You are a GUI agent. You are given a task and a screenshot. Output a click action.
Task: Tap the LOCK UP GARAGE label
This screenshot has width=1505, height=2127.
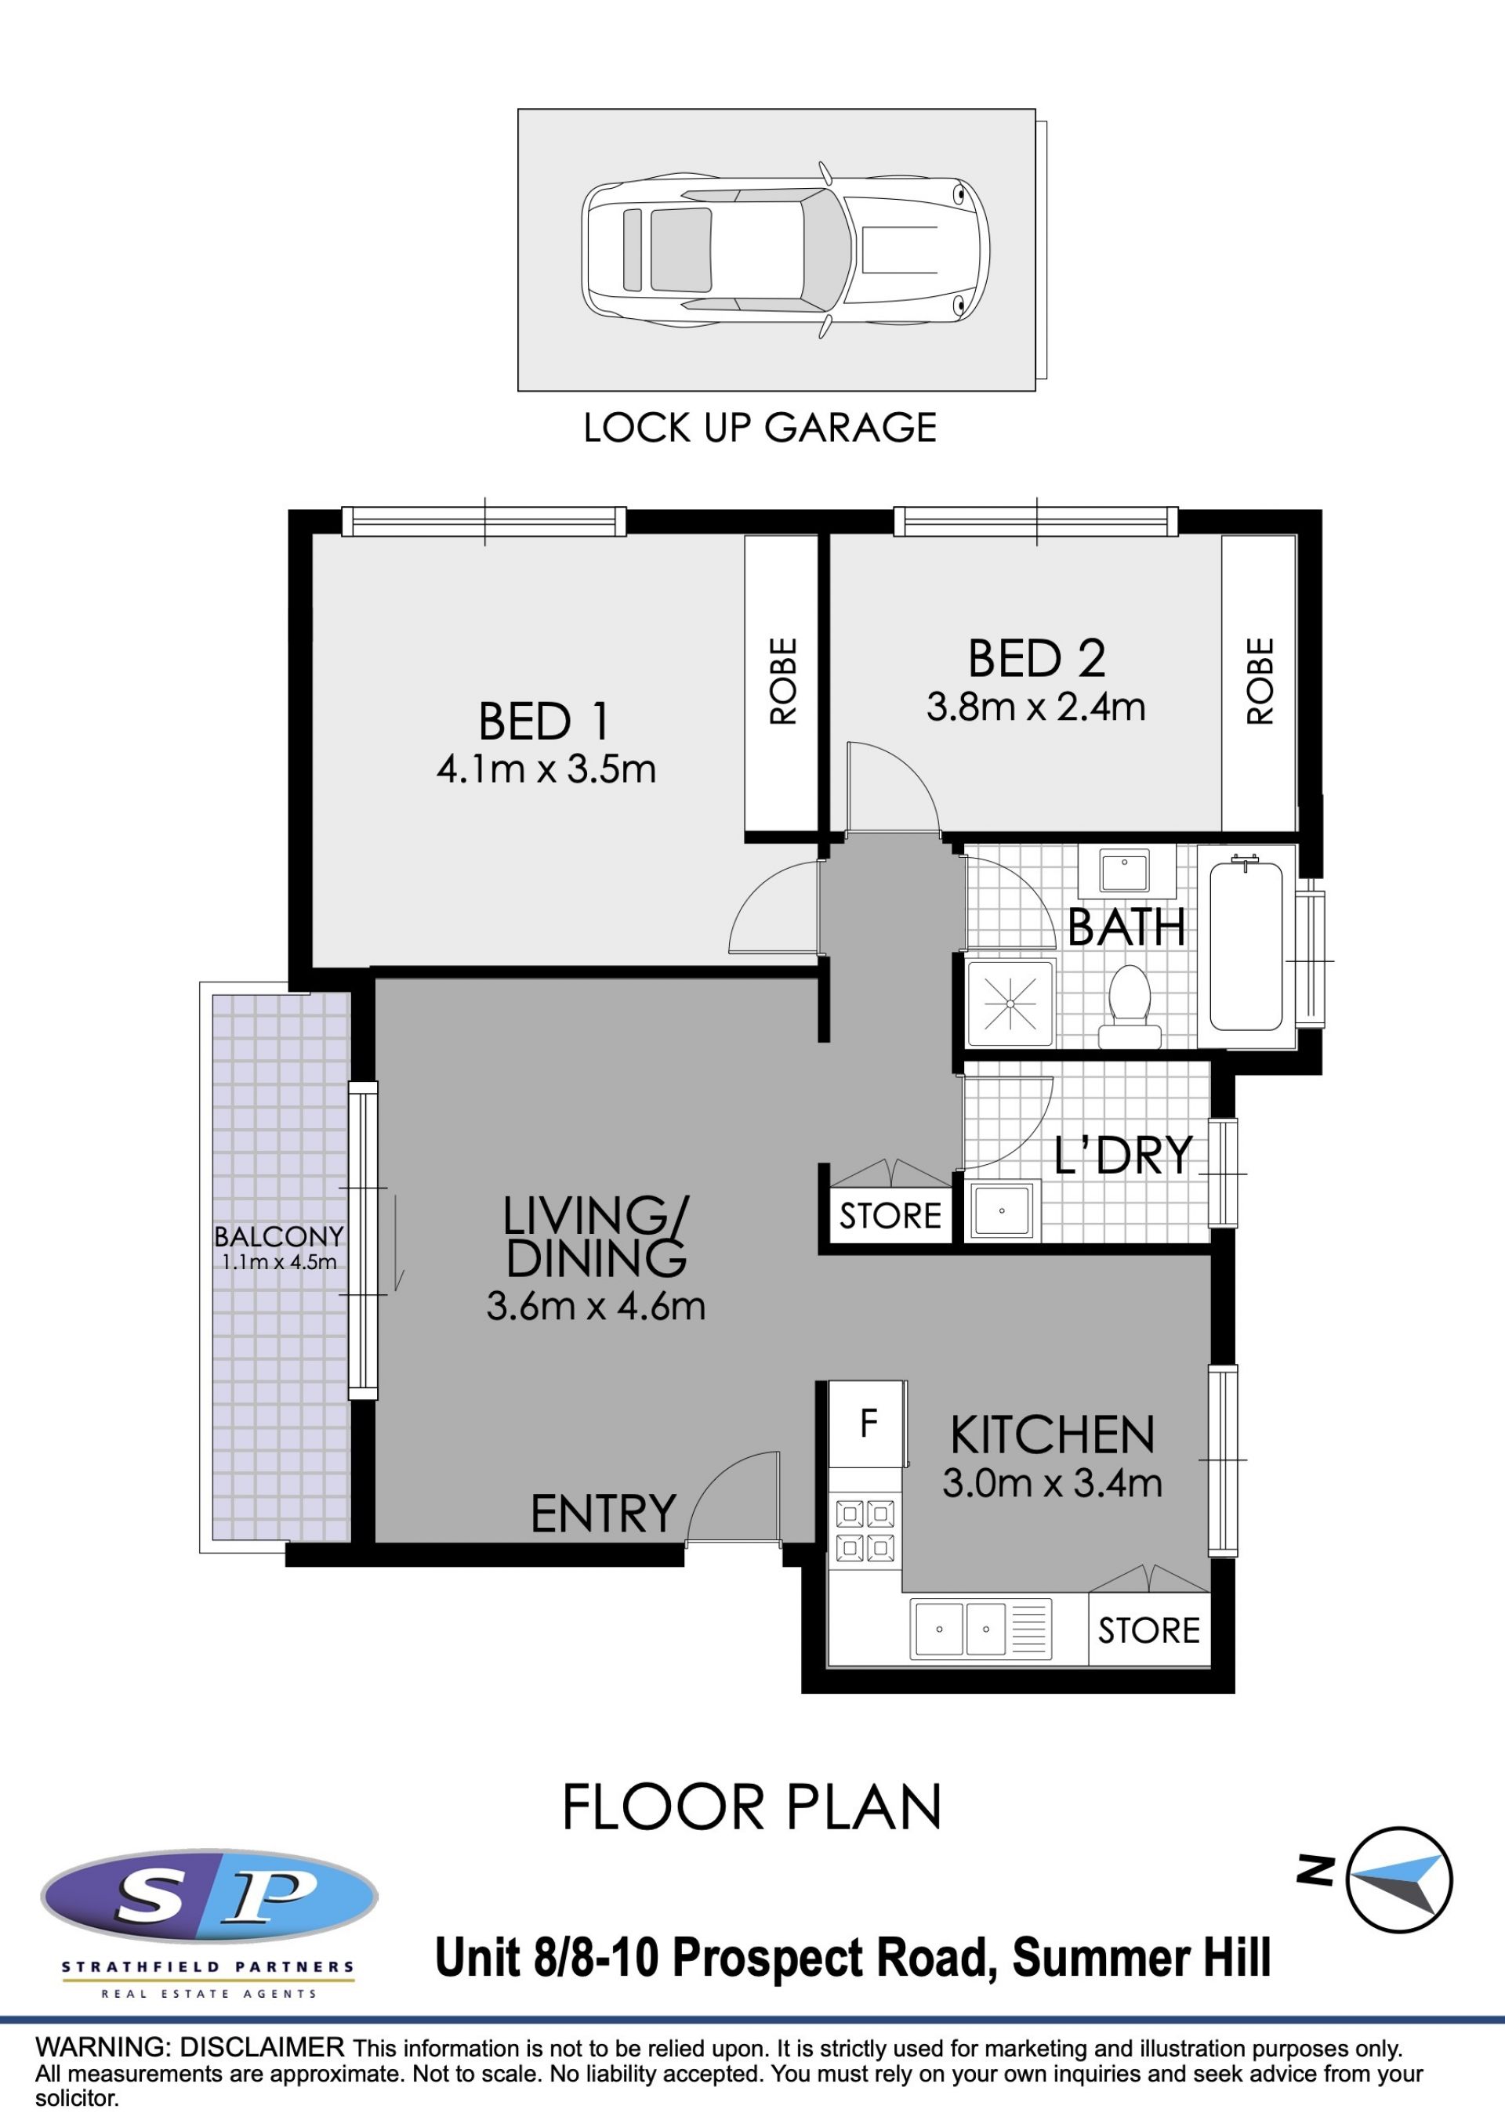(760, 428)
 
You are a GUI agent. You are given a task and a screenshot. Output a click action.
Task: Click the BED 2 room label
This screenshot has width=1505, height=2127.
(1036, 659)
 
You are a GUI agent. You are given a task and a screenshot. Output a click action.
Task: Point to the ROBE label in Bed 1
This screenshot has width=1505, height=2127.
(782, 681)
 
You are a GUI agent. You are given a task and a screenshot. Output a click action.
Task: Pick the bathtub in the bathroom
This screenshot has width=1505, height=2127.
(1246, 946)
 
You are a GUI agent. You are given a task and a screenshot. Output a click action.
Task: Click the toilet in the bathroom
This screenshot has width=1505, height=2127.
(1130, 1008)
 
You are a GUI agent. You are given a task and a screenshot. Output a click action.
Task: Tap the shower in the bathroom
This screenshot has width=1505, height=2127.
(1010, 1004)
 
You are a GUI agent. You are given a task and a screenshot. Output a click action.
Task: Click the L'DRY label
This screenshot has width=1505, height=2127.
(1122, 1156)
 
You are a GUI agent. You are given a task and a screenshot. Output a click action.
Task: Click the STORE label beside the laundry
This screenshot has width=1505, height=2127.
(890, 1215)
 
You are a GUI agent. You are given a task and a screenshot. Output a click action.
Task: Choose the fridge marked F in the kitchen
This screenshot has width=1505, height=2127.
(868, 1423)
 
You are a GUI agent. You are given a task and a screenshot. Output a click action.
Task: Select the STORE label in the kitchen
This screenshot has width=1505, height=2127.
(1148, 1630)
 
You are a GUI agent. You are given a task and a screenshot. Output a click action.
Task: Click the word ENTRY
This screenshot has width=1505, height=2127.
(604, 1514)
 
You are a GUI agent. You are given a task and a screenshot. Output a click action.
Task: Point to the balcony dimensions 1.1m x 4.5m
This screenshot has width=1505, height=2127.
(278, 1262)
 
